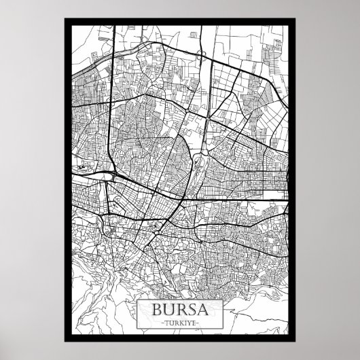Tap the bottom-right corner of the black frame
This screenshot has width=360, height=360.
(x=294, y=341)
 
